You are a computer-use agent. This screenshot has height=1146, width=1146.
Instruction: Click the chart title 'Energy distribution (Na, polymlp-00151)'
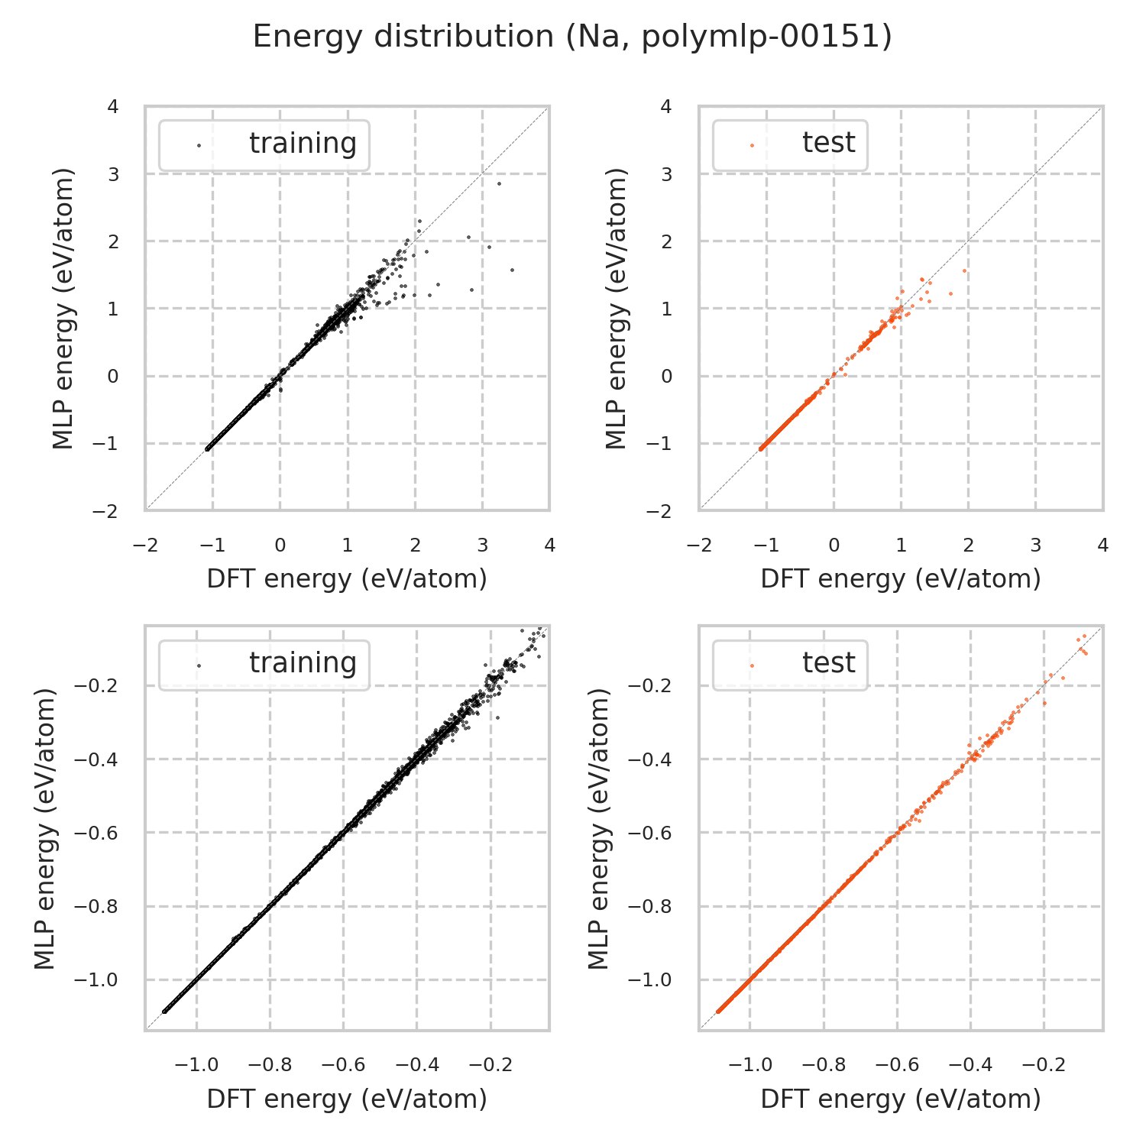click(x=572, y=37)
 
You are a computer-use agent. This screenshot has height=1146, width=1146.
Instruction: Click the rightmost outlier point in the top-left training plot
click(x=512, y=270)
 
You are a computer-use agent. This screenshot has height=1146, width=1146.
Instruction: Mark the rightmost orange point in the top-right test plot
click(x=964, y=270)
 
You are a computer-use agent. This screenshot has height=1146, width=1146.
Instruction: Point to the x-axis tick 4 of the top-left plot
click(x=549, y=545)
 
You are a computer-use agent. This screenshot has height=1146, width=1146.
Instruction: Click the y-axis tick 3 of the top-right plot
click(x=667, y=174)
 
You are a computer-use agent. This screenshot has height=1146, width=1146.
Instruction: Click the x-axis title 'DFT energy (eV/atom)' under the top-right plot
click(x=901, y=579)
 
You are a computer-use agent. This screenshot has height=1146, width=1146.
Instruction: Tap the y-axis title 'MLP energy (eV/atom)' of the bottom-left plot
click(x=46, y=829)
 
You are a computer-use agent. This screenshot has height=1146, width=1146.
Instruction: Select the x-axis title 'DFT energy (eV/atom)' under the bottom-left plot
click(x=347, y=1099)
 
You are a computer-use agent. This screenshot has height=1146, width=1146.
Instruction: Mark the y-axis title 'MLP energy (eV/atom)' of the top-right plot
click(x=616, y=309)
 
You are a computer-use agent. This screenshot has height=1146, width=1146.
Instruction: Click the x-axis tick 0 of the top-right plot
click(x=834, y=545)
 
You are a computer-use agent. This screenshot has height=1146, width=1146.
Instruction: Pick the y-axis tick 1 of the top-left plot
click(x=114, y=309)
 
